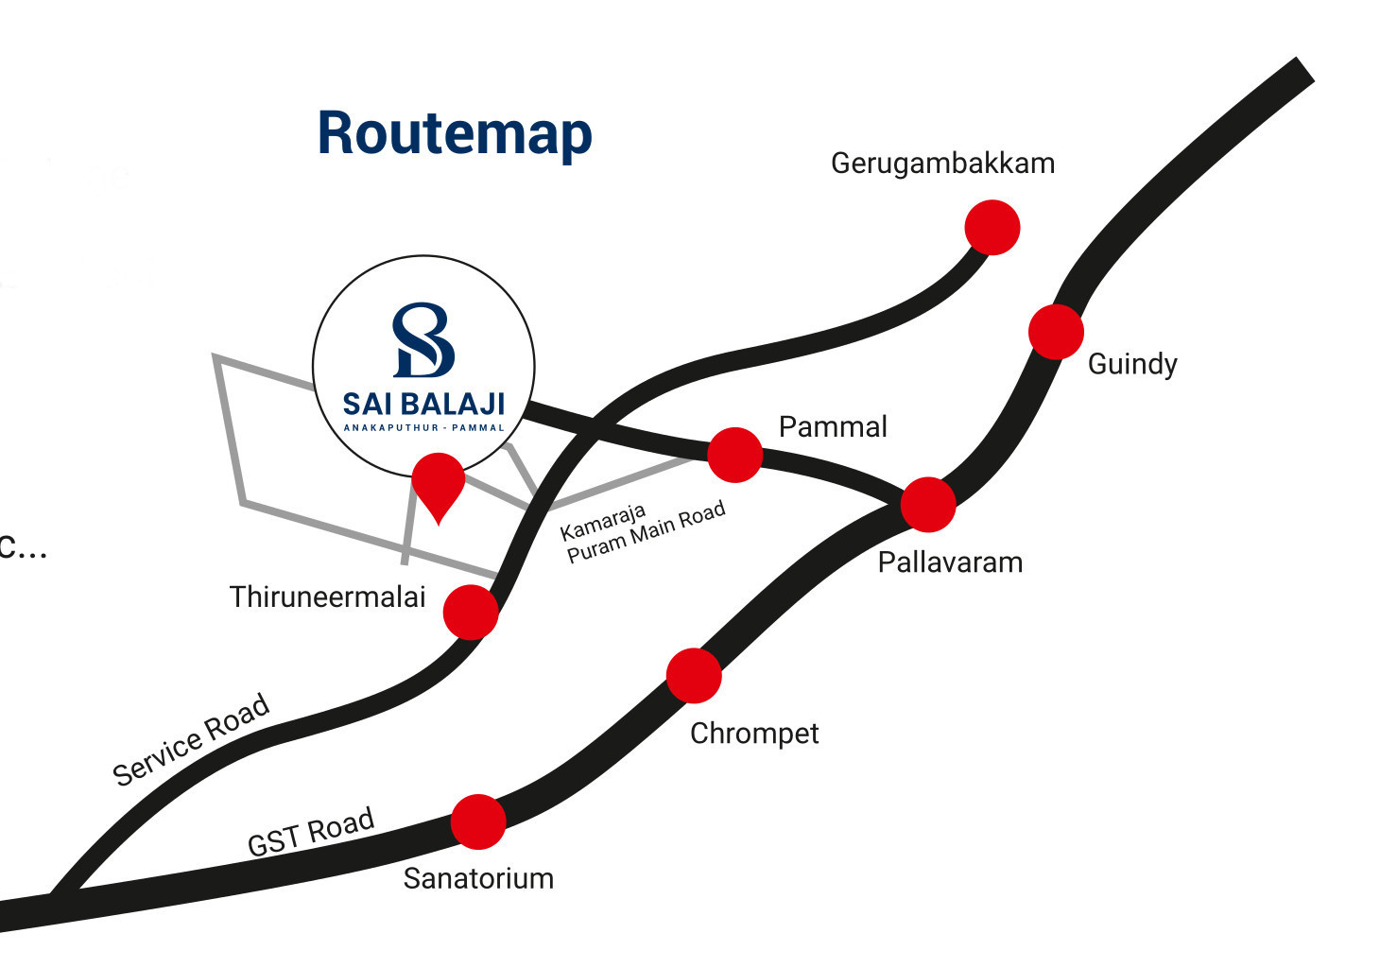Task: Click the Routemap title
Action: click(455, 133)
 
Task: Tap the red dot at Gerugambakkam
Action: click(992, 228)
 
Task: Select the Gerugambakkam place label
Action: click(942, 164)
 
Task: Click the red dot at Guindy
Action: click(1056, 332)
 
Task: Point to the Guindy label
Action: click(1132, 364)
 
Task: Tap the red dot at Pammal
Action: click(735, 455)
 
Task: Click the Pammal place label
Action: click(833, 427)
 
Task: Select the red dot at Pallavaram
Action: click(928, 505)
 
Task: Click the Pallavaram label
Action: click(950, 562)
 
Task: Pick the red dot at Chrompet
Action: click(694, 676)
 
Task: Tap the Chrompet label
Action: click(754, 734)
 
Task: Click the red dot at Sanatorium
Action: click(478, 821)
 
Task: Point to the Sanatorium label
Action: click(478, 879)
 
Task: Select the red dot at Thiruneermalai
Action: click(471, 612)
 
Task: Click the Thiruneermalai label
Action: click(327, 597)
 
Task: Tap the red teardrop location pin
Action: click(439, 483)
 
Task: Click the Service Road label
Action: click(192, 740)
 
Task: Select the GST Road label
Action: click(311, 832)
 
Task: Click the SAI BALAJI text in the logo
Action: click(423, 404)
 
